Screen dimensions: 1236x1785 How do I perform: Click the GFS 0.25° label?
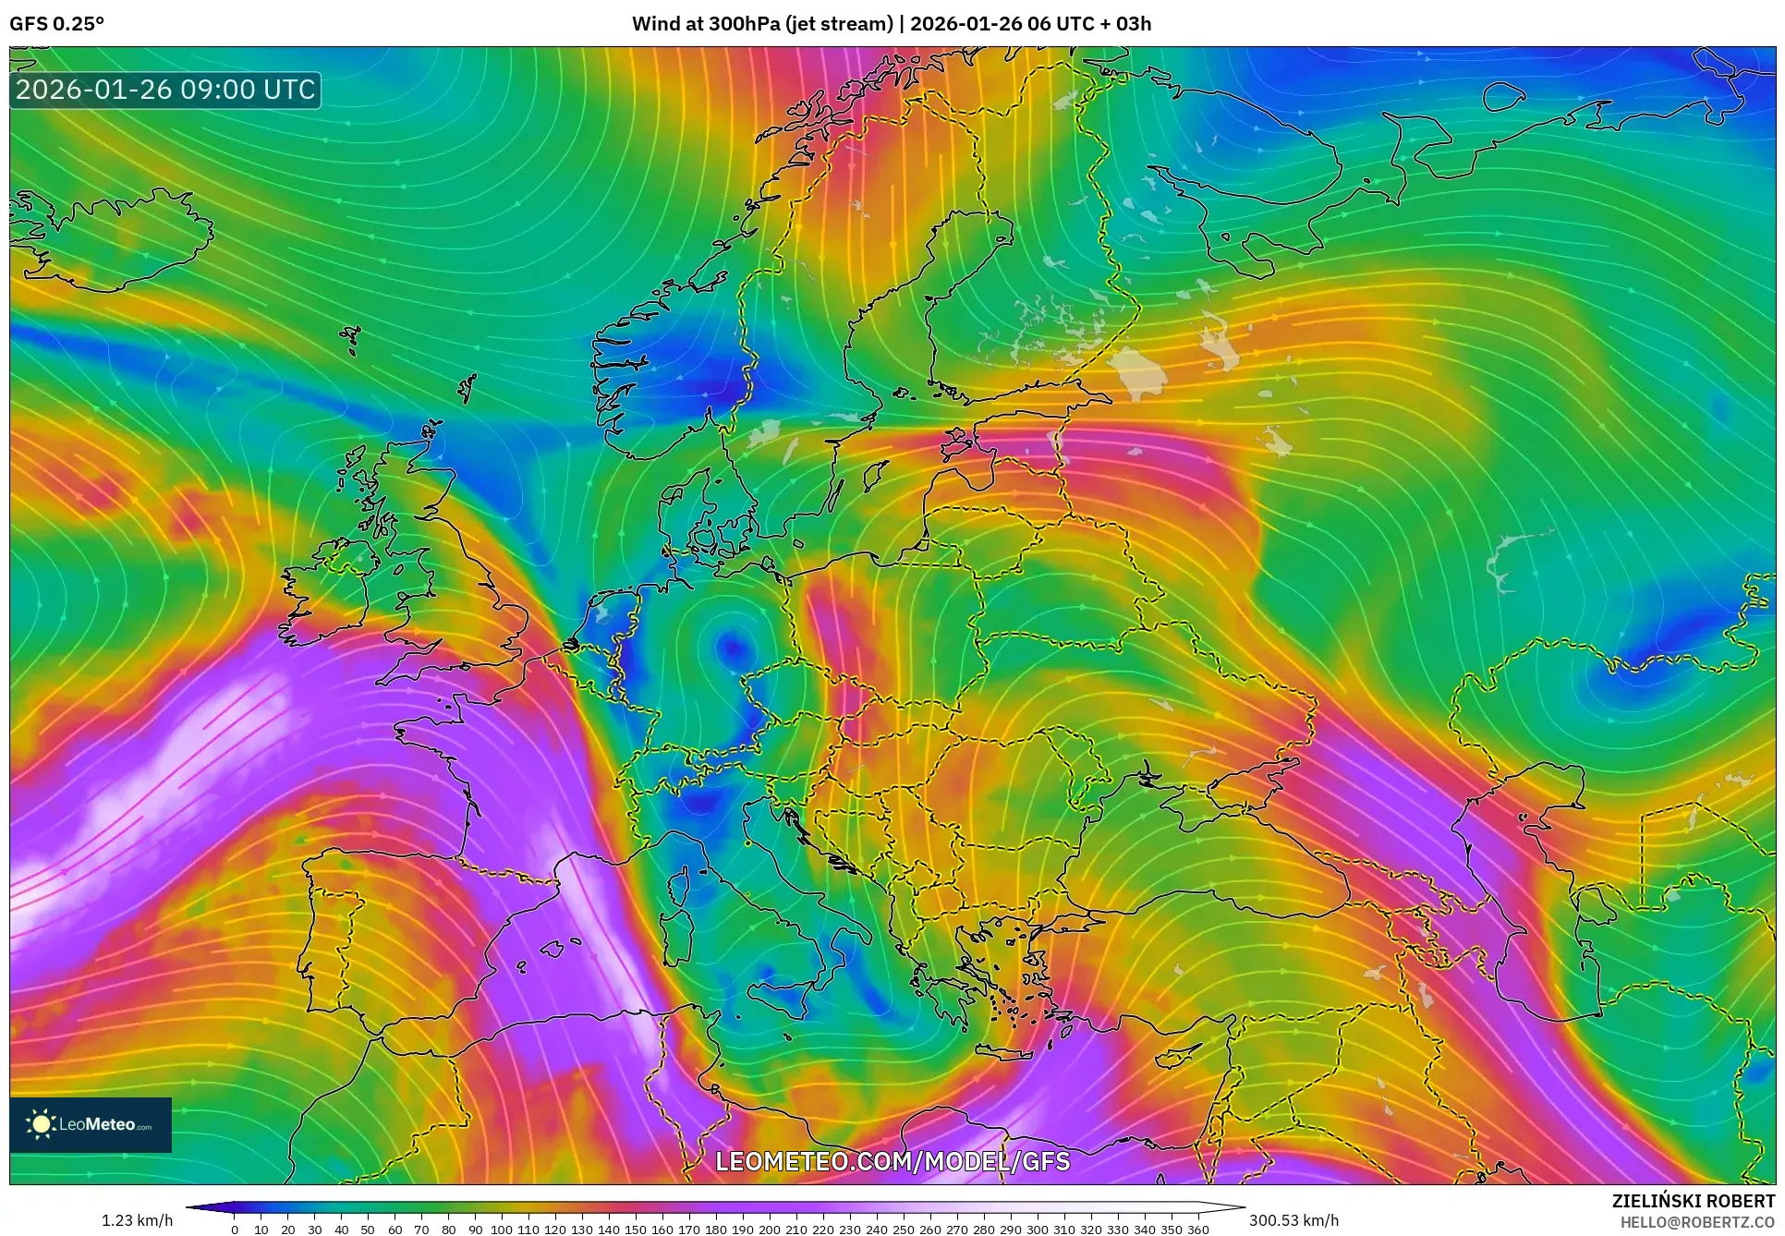[x=56, y=24]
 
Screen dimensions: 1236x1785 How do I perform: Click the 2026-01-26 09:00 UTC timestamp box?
[x=165, y=90]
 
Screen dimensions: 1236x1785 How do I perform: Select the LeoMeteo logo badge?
[x=91, y=1124]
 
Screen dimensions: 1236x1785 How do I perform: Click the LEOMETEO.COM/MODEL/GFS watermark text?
[x=892, y=1161]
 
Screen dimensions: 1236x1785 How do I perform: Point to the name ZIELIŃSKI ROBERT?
[x=1693, y=1201]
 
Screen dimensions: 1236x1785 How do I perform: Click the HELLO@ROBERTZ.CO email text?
[x=1697, y=1222]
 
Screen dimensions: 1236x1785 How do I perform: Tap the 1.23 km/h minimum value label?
[x=137, y=1220]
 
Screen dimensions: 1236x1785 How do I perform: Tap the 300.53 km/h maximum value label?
[x=1293, y=1220]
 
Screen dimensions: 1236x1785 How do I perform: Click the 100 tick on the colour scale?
[x=502, y=1229]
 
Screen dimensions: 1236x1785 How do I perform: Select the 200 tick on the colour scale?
[x=769, y=1229]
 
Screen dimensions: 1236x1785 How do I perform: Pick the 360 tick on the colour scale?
[x=1197, y=1229]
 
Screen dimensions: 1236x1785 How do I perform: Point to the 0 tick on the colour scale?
[x=235, y=1229]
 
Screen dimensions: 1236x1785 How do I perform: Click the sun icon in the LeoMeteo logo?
[x=41, y=1124]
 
